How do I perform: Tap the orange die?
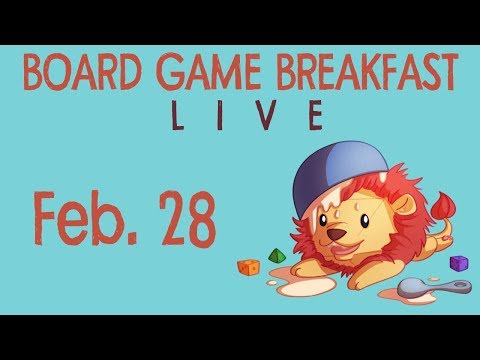(248, 267)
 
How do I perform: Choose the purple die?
(459, 263)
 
